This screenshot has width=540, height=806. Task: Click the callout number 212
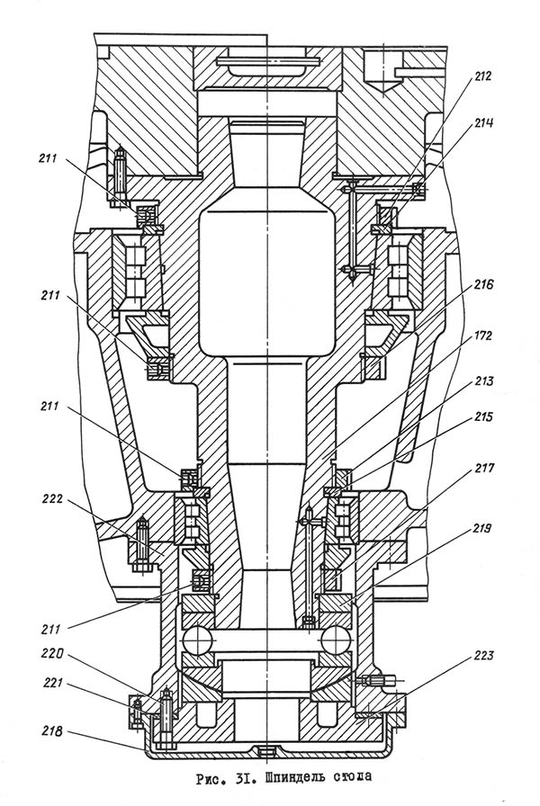coord(482,76)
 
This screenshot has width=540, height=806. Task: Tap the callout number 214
coord(483,123)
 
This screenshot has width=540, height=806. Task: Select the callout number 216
coord(483,284)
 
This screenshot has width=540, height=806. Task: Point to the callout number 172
coord(481,336)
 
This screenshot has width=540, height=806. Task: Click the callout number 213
coord(483,381)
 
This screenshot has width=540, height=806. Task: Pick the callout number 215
coord(482,416)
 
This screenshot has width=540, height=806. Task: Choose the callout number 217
coord(484,468)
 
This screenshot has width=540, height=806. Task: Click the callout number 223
coord(483,656)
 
